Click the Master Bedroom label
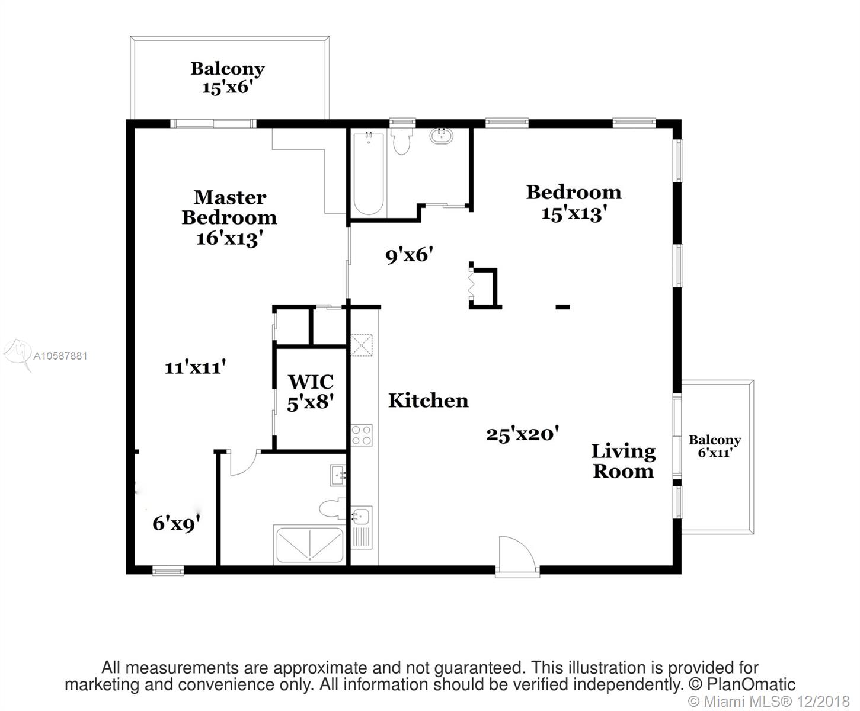229,207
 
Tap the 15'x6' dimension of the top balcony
227,88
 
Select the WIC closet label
311,382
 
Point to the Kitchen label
429,401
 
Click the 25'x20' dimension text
523,435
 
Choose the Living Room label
623,461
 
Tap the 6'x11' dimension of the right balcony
715,453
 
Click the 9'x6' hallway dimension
410,255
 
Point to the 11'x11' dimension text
195,367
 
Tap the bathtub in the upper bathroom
368,173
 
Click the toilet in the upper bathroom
402,141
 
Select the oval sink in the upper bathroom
441,136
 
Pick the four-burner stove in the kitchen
361,435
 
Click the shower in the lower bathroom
309,545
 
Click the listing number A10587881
60,356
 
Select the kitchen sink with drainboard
361,527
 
